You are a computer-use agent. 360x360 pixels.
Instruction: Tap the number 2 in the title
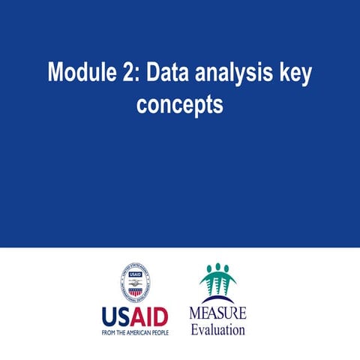tap(128, 73)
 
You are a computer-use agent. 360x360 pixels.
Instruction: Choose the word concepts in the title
tap(180, 105)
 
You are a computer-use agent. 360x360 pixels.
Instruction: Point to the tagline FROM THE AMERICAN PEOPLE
tap(135, 331)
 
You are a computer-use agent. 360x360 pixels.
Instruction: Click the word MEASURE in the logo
tap(217, 312)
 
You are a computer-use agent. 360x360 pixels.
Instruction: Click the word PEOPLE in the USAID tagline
tap(158, 331)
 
